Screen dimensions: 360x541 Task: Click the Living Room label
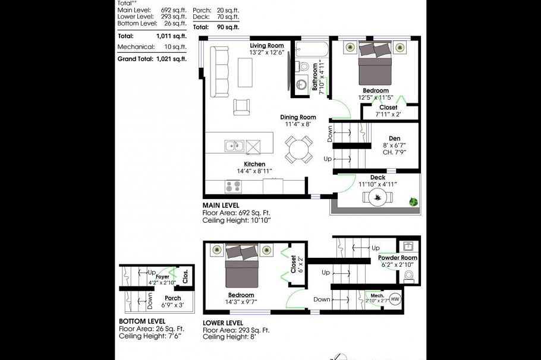266,46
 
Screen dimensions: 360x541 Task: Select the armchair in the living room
242,107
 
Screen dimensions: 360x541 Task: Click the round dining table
299,149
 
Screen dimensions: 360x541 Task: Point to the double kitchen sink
234,146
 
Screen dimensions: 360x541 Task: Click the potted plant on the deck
413,203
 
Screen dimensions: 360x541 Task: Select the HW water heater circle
395,299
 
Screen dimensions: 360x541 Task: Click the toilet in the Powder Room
408,276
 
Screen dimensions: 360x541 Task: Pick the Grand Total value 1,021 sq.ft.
171,59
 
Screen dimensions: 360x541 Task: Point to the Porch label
172,298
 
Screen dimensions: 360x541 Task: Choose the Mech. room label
377,295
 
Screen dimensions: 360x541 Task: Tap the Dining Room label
298,117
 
